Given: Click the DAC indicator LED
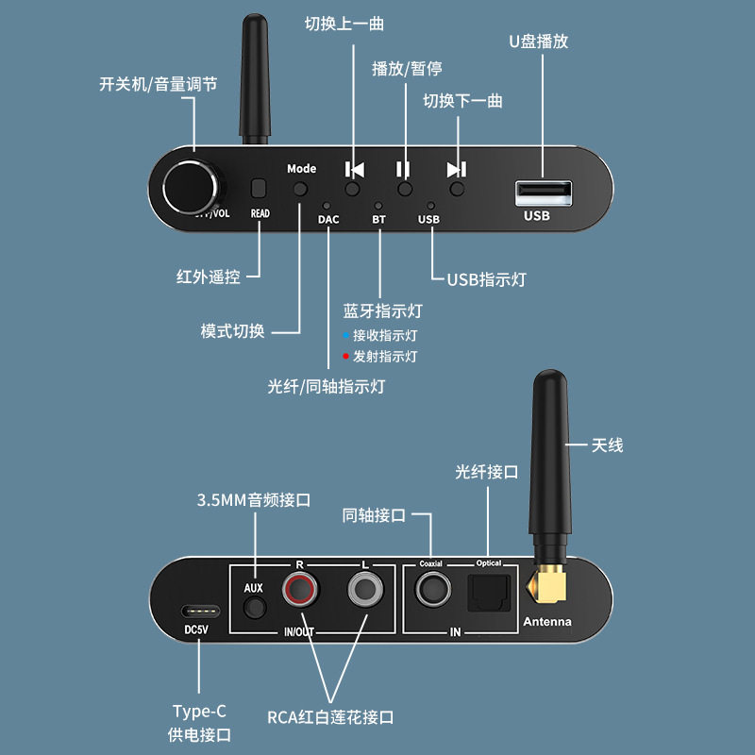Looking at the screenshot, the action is coord(327,205).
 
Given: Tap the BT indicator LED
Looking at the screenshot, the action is coord(379,205).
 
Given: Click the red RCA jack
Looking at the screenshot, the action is coord(300,593).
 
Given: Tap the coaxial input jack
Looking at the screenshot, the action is coord(432,593).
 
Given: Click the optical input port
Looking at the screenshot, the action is coord(489,593).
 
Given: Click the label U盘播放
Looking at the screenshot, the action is coord(538,42).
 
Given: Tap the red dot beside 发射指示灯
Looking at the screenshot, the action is coord(346,357).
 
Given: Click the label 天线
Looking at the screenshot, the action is coord(607,445).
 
